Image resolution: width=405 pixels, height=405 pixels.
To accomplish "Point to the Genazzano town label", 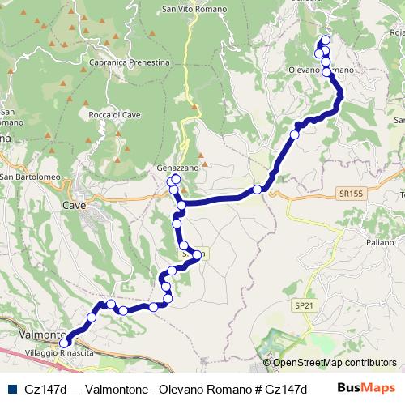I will [177, 167].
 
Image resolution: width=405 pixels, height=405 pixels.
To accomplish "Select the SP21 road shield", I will [303, 305].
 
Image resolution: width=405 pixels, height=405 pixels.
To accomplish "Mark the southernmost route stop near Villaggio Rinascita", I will [65, 343].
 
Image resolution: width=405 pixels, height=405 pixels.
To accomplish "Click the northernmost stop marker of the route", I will [326, 40].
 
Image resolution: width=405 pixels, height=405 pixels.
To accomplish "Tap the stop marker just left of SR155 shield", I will [258, 190].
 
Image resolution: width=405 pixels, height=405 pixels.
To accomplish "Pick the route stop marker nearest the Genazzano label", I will [176, 178].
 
